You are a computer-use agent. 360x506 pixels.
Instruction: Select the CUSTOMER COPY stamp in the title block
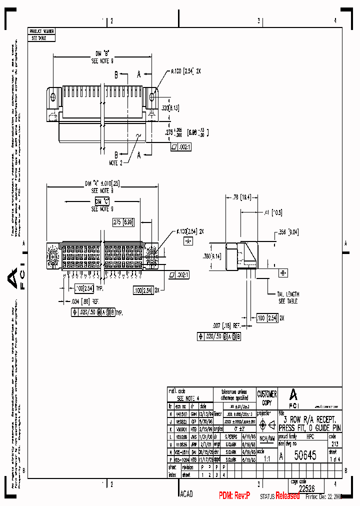pos(267,398)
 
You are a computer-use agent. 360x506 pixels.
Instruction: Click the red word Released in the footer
pos(287,495)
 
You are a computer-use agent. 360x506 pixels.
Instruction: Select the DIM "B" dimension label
pos(102,52)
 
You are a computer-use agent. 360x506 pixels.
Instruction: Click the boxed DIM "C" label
pos(102,201)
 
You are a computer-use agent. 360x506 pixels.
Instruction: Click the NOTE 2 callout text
pos(115,163)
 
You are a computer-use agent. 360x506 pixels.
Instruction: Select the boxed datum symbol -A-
pos(188,241)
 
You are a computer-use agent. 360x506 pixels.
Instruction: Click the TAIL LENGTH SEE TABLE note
pos(289,298)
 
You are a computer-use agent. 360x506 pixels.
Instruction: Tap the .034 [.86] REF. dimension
pos(82,301)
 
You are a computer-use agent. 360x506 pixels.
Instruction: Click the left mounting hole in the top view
pos(53,95)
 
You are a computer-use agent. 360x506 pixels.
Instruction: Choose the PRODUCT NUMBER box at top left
pos(41,31)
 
